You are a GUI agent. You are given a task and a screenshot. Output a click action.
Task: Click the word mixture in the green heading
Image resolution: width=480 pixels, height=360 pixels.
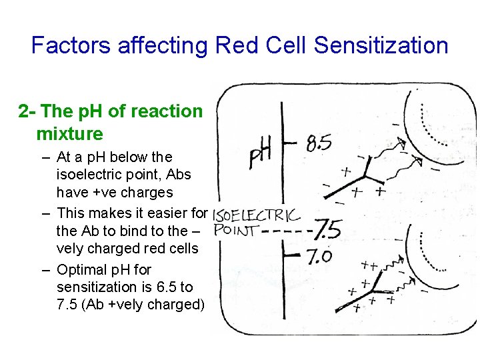tap(70, 133)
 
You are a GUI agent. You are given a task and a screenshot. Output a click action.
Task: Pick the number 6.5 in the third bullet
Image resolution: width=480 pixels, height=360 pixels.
tap(166, 287)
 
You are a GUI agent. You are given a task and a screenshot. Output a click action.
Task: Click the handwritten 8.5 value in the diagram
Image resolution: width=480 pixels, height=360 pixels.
tap(319, 142)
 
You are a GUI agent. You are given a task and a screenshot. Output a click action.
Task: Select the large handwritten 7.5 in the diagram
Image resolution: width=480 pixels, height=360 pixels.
tap(327, 230)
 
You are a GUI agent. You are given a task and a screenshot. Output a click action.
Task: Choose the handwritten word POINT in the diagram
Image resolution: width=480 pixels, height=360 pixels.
tap(236, 231)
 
